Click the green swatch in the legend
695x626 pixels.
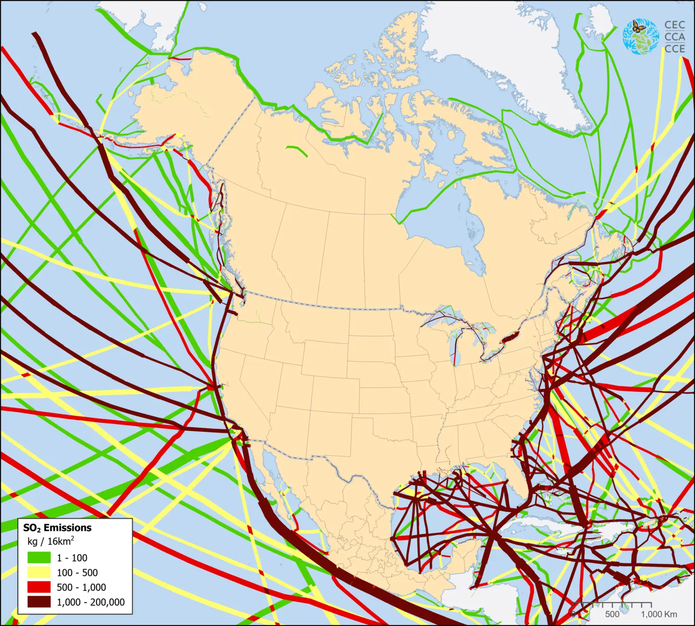39,558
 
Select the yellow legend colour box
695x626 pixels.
39,572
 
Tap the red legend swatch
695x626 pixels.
39,587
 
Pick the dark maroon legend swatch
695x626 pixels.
39,602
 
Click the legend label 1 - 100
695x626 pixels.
72,558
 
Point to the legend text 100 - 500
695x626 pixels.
77,572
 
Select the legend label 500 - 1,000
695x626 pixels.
81,587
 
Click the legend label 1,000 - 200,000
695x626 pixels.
90,602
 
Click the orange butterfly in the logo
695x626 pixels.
639,27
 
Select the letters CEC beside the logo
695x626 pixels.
675,25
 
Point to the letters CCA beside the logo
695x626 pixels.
675,37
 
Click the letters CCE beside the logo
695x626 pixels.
675,48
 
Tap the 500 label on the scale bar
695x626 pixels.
612,614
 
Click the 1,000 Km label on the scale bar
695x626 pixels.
659,614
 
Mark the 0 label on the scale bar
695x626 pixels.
574,614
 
